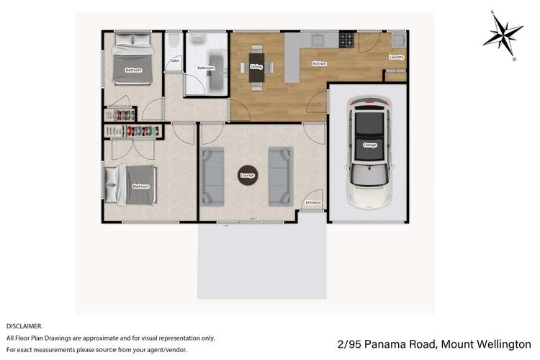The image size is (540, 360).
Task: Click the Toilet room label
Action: pyautogui.click(x=174, y=61)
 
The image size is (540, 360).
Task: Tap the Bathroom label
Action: pyautogui.click(x=206, y=68)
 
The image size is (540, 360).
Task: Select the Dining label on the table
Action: pyautogui.click(x=256, y=66)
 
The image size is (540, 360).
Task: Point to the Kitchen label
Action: pyautogui.click(x=319, y=64)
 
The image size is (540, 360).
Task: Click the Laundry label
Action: pyautogui.click(x=396, y=58)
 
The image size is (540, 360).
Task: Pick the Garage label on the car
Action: pyautogui.click(x=370, y=145)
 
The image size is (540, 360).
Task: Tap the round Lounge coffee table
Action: pyautogui.click(x=248, y=174)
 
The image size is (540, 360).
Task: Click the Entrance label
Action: pyautogui.click(x=313, y=203)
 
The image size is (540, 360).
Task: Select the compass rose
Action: pyautogui.click(x=504, y=33)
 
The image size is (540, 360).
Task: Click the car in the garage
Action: pyautogui.click(x=370, y=151)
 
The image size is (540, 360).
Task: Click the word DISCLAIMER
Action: pyautogui.click(x=24, y=325)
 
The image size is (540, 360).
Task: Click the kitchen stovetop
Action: pyautogui.click(x=347, y=40)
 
